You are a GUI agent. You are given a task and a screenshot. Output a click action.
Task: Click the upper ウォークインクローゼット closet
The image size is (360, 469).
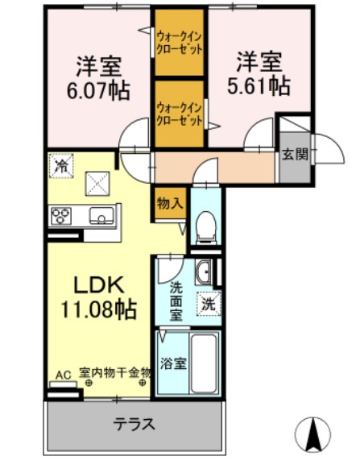click(x=179, y=41)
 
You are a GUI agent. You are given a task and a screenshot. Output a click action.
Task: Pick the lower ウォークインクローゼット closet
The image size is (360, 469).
click(x=179, y=113)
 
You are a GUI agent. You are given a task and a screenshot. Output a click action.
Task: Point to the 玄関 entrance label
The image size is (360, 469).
click(x=294, y=155)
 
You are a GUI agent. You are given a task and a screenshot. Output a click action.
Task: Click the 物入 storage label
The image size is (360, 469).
click(x=168, y=204)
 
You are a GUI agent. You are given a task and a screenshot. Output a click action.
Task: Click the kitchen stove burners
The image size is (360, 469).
click(x=62, y=215)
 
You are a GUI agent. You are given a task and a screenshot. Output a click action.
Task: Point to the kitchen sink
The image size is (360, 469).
click(x=101, y=215)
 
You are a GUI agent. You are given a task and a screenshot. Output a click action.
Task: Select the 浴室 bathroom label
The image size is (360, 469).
click(x=173, y=363)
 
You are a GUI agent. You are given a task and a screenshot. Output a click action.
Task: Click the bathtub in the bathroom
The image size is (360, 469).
click(x=206, y=363)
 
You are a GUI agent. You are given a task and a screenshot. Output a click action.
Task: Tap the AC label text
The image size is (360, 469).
click(x=64, y=374)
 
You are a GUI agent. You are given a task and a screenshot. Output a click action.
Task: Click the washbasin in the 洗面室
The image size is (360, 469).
click(x=205, y=272)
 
